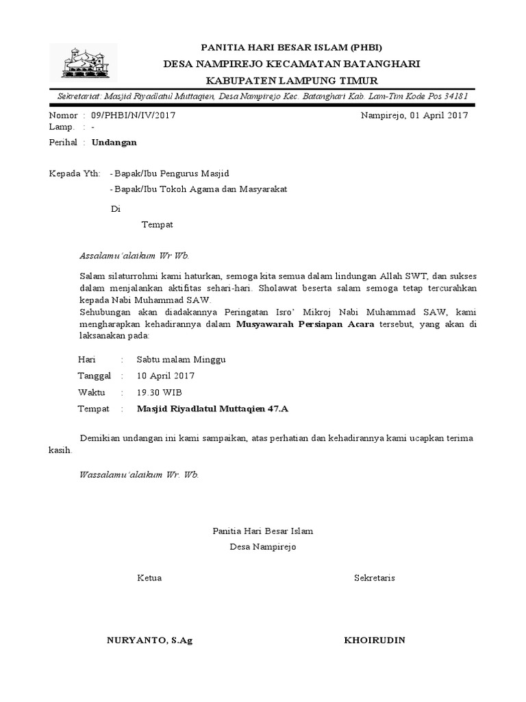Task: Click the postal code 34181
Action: pos(454,96)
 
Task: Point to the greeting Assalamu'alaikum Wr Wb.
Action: pos(134,255)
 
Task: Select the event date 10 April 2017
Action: pos(166,376)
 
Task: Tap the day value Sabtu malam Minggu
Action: pos(181,359)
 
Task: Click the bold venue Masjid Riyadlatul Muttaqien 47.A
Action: pos(213,409)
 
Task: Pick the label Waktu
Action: pos(92,392)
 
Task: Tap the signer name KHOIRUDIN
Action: pos(374,640)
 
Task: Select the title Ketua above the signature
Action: pos(149,578)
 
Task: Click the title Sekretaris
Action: pos(374,578)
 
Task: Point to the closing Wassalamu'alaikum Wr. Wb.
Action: pos(139,474)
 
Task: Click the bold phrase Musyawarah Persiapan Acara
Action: pos(305,324)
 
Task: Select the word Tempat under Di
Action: pos(157,225)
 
